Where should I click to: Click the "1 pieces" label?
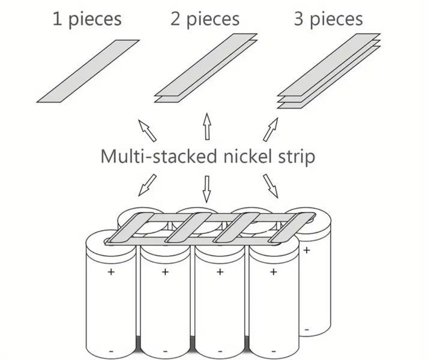click(x=87, y=19)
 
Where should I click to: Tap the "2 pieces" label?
click(x=205, y=19)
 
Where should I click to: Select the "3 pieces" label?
click(x=328, y=19)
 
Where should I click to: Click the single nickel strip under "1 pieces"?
click(x=88, y=71)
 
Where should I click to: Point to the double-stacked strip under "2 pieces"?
click(x=206, y=68)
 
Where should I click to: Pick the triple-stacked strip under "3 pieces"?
click(x=328, y=71)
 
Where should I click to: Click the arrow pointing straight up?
click(x=207, y=126)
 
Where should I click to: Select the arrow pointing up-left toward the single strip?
click(x=147, y=130)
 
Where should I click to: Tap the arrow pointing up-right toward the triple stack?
click(x=271, y=130)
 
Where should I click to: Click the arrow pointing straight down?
click(x=206, y=189)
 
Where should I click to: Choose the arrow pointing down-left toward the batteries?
click(x=148, y=185)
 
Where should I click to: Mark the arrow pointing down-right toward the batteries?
click(x=271, y=186)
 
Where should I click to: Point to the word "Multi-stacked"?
click(x=159, y=156)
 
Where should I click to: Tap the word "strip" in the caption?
click(x=297, y=157)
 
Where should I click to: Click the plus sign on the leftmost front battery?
click(x=111, y=272)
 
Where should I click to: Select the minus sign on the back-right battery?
click(x=307, y=330)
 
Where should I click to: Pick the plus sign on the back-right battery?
click(x=307, y=250)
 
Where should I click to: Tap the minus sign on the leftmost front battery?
click(x=111, y=351)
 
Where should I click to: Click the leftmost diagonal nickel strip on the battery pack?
click(x=130, y=228)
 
